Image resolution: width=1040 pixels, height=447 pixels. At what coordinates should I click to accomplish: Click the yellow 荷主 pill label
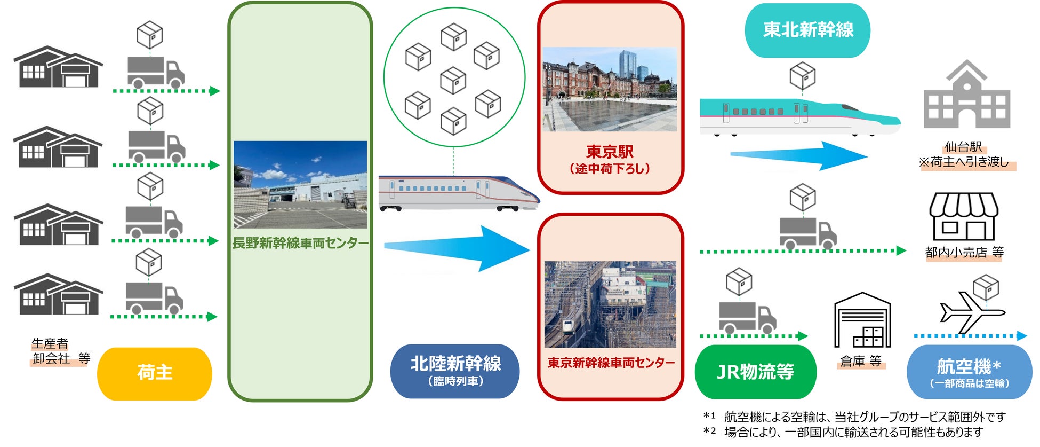[154, 373]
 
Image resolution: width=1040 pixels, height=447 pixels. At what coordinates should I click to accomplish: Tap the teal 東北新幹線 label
[807, 30]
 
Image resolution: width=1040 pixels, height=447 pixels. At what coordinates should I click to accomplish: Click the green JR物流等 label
[755, 372]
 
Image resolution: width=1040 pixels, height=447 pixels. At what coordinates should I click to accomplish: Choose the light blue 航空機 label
[969, 372]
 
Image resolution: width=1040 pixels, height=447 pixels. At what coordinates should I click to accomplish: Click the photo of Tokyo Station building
[610, 89]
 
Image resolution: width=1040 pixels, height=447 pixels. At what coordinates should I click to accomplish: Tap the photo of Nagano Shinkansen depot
[300, 184]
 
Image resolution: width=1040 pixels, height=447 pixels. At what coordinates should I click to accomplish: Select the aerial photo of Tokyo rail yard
[610, 304]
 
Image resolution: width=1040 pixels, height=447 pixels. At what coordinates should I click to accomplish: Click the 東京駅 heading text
[610, 152]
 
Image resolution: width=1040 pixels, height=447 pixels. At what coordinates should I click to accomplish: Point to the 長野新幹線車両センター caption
[300, 244]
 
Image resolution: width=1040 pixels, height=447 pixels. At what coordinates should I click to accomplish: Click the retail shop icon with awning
[964, 217]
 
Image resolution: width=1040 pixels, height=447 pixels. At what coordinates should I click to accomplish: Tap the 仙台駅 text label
[963, 146]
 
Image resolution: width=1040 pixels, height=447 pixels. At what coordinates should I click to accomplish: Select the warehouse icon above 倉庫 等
[862, 320]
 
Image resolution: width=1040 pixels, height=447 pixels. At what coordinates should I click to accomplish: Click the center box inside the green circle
[453, 80]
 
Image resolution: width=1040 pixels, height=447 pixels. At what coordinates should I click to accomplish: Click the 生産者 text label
[50, 343]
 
